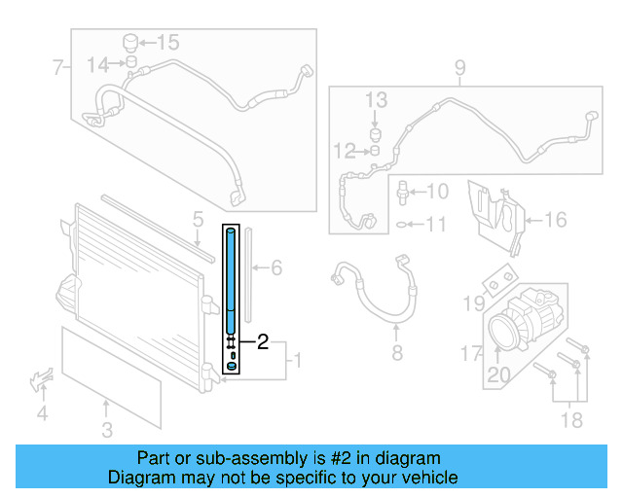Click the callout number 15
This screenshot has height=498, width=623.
tap(168, 42)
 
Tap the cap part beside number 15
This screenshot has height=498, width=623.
tap(128, 42)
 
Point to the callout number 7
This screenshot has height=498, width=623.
tap(57, 68)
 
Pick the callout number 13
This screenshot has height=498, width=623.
tap(376, 100)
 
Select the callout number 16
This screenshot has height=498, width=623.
tap(554, 220)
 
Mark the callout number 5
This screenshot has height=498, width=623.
tap(197, 220)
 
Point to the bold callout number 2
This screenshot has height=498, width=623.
tap(262, 341)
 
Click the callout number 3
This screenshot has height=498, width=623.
tap(107, 429)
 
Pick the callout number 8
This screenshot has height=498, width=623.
tap(396, 352)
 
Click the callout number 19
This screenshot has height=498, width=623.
tap(473, 304)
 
